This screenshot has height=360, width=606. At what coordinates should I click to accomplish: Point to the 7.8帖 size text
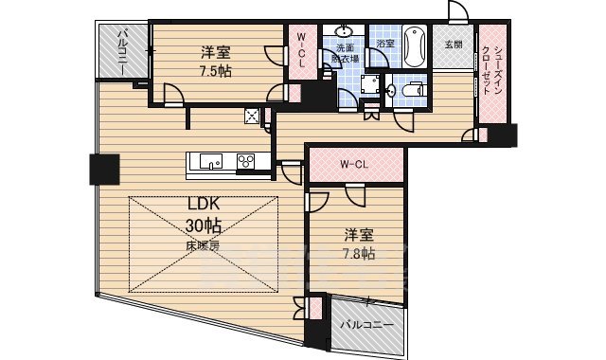coord(357,253)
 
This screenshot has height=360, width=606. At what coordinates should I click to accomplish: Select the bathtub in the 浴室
coord(414,46)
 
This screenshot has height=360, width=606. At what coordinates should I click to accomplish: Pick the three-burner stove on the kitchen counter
coord(245,160)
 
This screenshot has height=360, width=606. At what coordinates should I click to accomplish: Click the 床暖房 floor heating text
coord(203,245)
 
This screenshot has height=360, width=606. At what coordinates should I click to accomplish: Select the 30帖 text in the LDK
coord(203,226)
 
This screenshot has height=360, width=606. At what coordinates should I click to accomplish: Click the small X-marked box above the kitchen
coord(253,117)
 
